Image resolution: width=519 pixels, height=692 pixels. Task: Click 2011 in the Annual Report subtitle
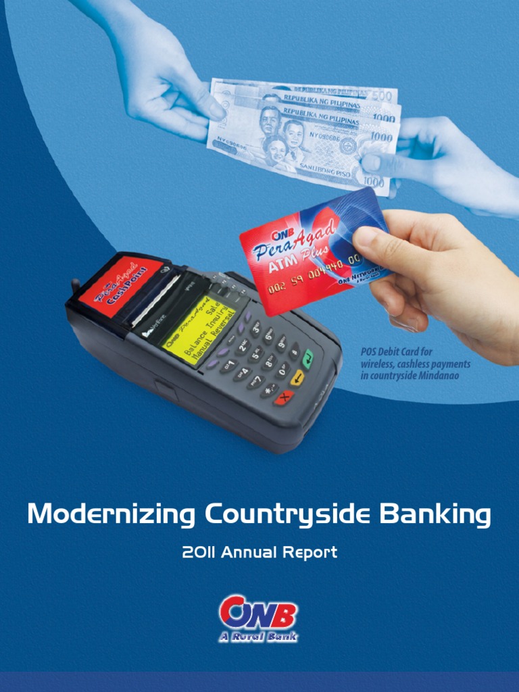pos(199,553)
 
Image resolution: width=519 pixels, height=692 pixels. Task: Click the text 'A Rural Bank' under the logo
pos(258,637)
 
